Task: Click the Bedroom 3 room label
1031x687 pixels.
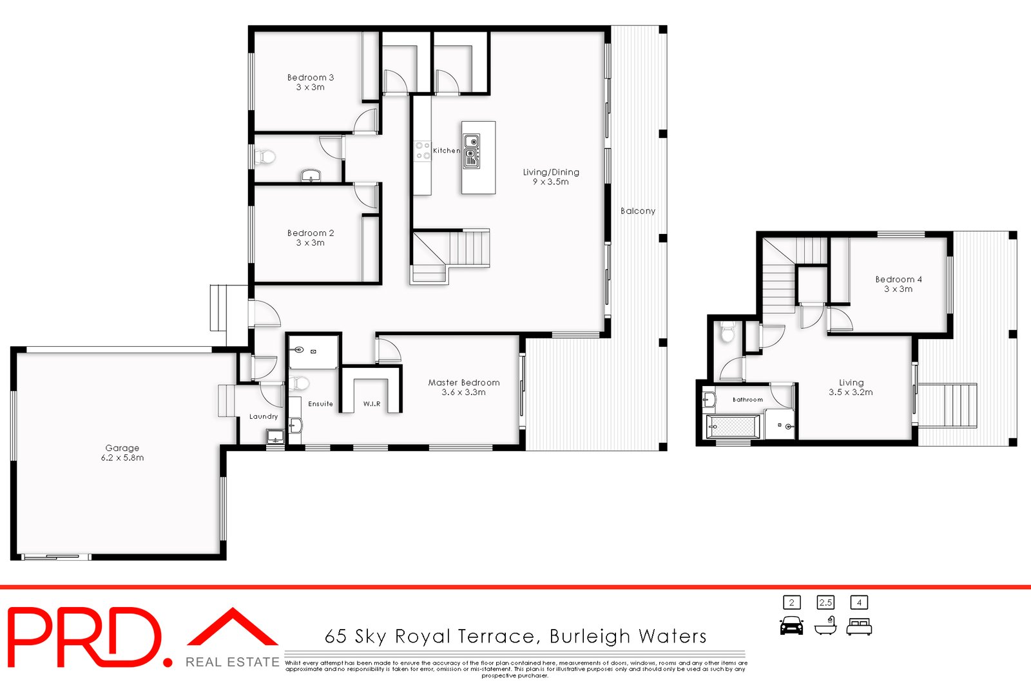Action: [x=311, y=82]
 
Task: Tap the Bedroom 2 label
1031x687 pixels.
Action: [x=311, y=238]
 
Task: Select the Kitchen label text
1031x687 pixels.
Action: [x=447, y=151]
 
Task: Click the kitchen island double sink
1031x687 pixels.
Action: [x=471, y=151]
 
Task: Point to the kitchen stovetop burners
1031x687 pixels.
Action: [x=423, y=151]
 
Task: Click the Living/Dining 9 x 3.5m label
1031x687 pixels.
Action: [x=551, y=177]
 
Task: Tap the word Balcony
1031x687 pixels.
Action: [x=638, y=211]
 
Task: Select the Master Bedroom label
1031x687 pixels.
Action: [x=464, y=387]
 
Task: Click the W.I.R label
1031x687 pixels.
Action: [x=372, y=404]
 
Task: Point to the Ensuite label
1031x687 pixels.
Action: [x=320, y=404]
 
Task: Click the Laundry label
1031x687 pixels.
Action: [x=264, y=416]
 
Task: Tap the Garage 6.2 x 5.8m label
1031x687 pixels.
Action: [x=122, y=452]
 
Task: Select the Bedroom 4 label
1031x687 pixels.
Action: [x=898, y=284]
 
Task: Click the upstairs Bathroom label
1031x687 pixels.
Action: [x=747, y=400]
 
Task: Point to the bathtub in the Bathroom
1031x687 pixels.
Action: [x=733, y=426]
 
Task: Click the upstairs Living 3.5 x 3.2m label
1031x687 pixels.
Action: [x=851, y=387]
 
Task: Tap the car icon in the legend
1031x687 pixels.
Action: [x=791, y=626]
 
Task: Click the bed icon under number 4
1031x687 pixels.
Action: [x=859, y=626]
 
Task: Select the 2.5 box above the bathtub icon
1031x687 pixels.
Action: [x=825, y=603]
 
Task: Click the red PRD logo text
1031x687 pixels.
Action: [x=84, y=638]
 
